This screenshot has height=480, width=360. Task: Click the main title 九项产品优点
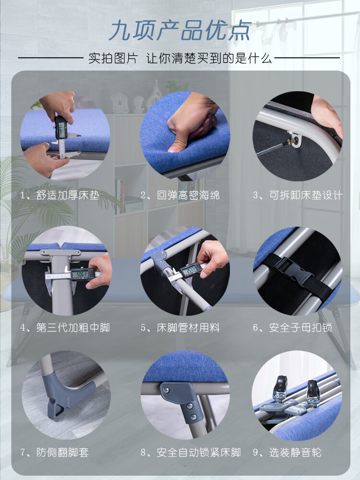(x=180, y=31)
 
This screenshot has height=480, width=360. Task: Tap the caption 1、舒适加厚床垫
(x=60, y=195)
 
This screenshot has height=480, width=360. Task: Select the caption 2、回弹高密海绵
(x=180, y=195)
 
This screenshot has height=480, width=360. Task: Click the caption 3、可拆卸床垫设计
(x=298, y=195)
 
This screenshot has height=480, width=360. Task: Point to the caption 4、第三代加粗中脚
(x=65, y=328)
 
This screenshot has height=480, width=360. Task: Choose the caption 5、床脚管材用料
(x=180, y=328)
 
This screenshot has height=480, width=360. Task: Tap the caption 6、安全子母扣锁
(x=292, y=328)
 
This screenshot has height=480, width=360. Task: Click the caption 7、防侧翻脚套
(x=55, y=453)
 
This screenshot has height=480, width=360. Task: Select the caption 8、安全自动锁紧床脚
(x=191, y=453)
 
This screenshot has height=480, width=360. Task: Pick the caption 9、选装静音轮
(x=287, y=453)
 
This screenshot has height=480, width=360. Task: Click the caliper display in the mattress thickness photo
(x=62, y=128)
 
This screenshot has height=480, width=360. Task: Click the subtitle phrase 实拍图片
(x=113, y=58)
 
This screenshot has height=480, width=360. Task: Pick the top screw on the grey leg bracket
(x=166, y=390)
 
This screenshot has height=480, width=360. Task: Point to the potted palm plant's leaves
(x=34, y=202)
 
